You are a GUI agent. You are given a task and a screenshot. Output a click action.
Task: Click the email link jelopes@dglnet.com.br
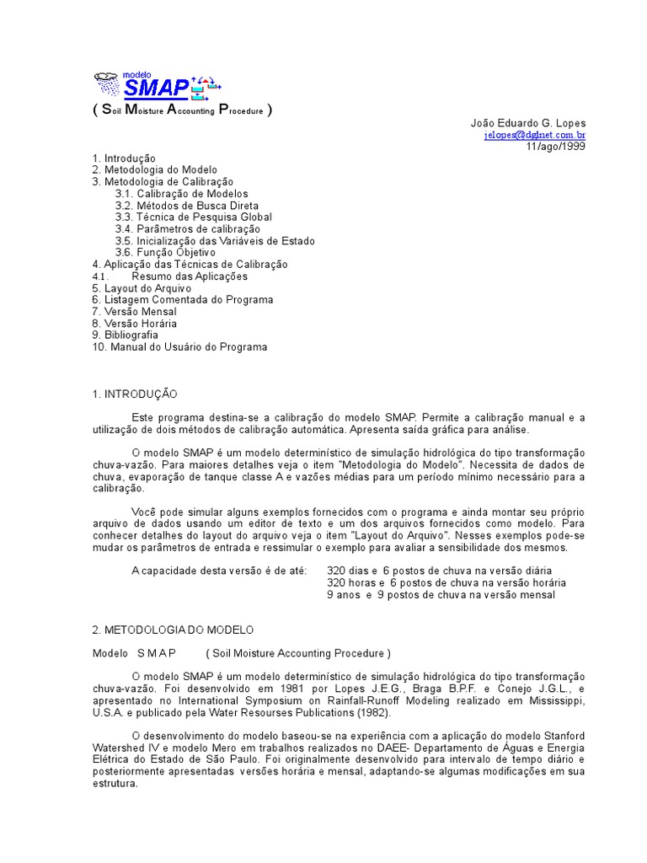[534, 135]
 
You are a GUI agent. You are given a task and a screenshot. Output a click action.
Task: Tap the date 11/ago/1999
[555, 146]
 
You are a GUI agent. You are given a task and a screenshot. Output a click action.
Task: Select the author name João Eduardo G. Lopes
[527, 123]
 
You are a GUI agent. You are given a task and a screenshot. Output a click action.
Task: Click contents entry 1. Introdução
[124, 158]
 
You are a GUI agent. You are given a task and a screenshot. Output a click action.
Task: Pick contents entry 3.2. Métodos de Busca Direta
[186, 206]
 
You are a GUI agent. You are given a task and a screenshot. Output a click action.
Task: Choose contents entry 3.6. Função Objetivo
[165, 253]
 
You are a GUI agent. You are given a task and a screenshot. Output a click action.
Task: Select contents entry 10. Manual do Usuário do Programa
[179, 346]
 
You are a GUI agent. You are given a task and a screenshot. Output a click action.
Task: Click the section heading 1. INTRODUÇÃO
[135, 394]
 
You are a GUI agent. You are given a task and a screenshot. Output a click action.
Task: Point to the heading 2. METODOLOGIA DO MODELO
[173, 630]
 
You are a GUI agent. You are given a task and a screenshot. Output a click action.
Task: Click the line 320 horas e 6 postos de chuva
[446, 583]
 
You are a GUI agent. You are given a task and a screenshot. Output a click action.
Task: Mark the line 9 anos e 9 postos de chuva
[441, 595]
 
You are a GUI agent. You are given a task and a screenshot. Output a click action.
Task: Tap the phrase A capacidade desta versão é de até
[219, 571]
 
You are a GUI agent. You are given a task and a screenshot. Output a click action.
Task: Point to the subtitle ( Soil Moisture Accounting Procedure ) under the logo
[182, 110]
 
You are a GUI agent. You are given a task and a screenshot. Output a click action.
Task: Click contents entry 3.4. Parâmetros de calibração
[187, 229]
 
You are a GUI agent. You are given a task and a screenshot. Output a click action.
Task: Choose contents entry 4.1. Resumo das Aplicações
[170, 276]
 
